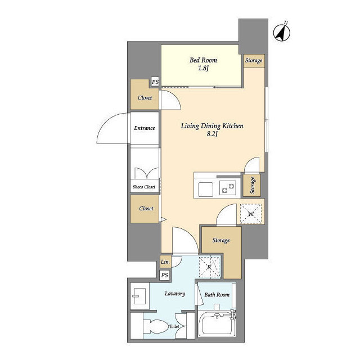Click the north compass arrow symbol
[x=281, y=33]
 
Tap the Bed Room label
[x=203, y=60]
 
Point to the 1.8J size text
[x=203, y=69]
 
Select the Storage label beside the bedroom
[x=253, y=60]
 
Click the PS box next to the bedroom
[x=155, y=83]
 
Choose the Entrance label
[x=145, y=128]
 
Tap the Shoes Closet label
[x=144, y=187]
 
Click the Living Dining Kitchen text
[x=211, y=126]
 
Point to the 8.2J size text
[x=211, y=134]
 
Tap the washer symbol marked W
[x=251, y=213]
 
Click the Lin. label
[x=165, y=263]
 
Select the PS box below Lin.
[x=165, y=275]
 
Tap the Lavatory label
[x=175, y=293]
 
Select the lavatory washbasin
[x=139, y=296]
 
